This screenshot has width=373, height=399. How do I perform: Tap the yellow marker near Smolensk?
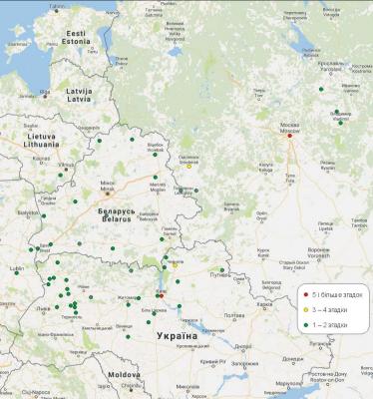click(x=188, y=166)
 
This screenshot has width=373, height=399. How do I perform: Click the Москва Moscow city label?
click(x=290, y=127)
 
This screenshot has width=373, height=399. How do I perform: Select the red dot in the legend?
click(x=306, y=293)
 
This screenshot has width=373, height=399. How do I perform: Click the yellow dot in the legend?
click(x=306, y=309)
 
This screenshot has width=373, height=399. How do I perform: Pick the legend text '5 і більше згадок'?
click(x=336, y=293)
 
